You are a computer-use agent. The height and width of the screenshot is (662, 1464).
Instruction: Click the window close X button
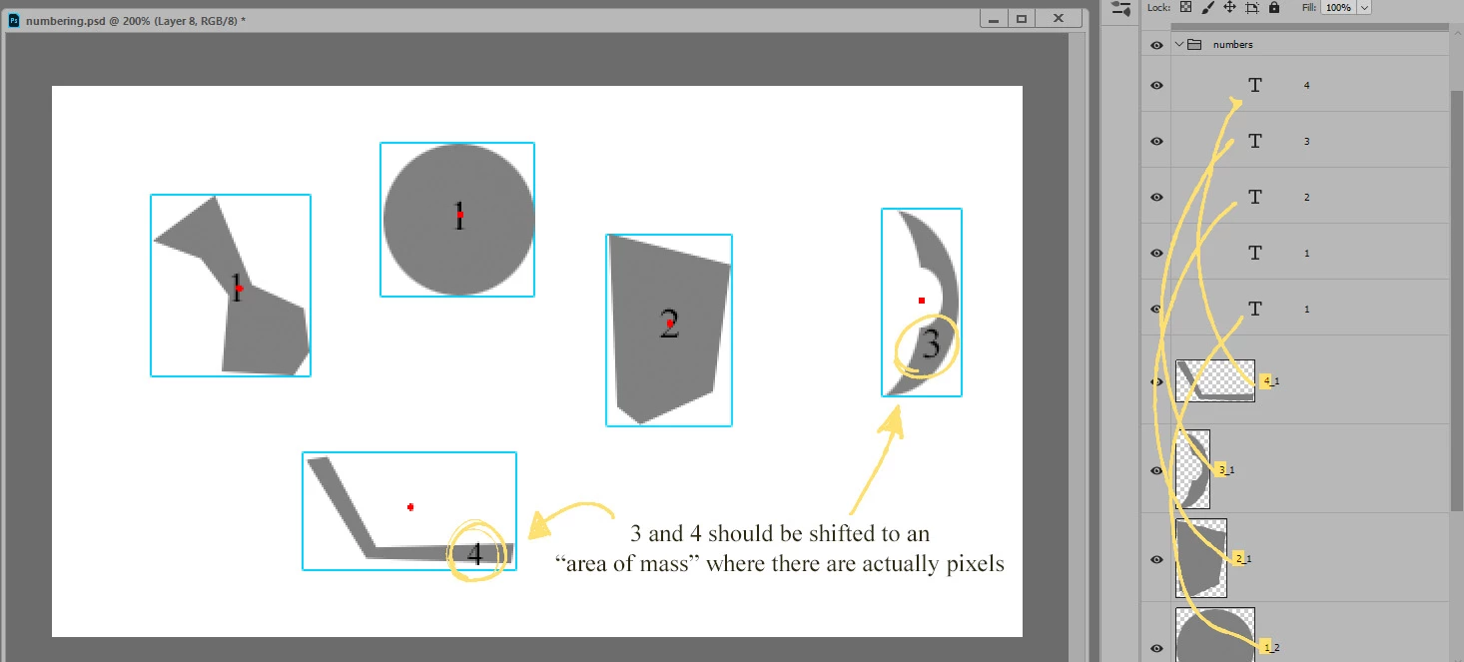click(x=1059, y=18)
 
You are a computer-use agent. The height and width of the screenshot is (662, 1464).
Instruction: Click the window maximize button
click(x=1022, y=19)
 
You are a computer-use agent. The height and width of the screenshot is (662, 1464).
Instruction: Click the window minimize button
click(x=994, y=19)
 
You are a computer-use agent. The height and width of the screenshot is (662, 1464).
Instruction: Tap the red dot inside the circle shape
click(x=460, y=215)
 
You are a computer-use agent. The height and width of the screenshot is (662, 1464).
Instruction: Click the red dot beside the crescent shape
click(x=922, y=301)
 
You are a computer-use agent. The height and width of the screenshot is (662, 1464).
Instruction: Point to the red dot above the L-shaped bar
click(x=410, y=507)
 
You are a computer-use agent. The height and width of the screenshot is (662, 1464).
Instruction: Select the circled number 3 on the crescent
click(x=931, y=343)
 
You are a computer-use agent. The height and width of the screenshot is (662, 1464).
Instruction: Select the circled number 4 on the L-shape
click(x=475, y=554)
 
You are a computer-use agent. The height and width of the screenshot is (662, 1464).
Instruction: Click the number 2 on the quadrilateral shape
click(x=669, y=324)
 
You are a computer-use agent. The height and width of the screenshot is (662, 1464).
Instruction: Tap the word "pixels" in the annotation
click(x=975, y=563)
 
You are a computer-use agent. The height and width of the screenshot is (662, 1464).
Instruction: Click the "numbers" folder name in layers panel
click(x=1232, y=45)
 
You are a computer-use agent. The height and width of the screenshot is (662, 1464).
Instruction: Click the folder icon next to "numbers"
click(x=1194, y=45)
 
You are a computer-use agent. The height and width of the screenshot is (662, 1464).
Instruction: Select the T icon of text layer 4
click(x=1255, y=85)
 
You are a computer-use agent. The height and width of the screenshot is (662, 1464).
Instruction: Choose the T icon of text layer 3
click(x=1255, y=141)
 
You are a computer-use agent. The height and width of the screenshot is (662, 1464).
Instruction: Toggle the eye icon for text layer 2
click(x=1156, y=198)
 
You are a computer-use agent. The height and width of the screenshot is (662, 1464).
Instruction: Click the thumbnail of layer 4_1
click(x=1215, y=381)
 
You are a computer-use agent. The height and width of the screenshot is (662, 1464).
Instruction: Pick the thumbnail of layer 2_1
click(x=1201, y=559)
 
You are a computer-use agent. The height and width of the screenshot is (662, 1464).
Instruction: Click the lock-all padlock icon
click(x=1274, y=7)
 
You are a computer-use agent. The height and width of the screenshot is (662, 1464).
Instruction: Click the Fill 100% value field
click(x=1338, y=7)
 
